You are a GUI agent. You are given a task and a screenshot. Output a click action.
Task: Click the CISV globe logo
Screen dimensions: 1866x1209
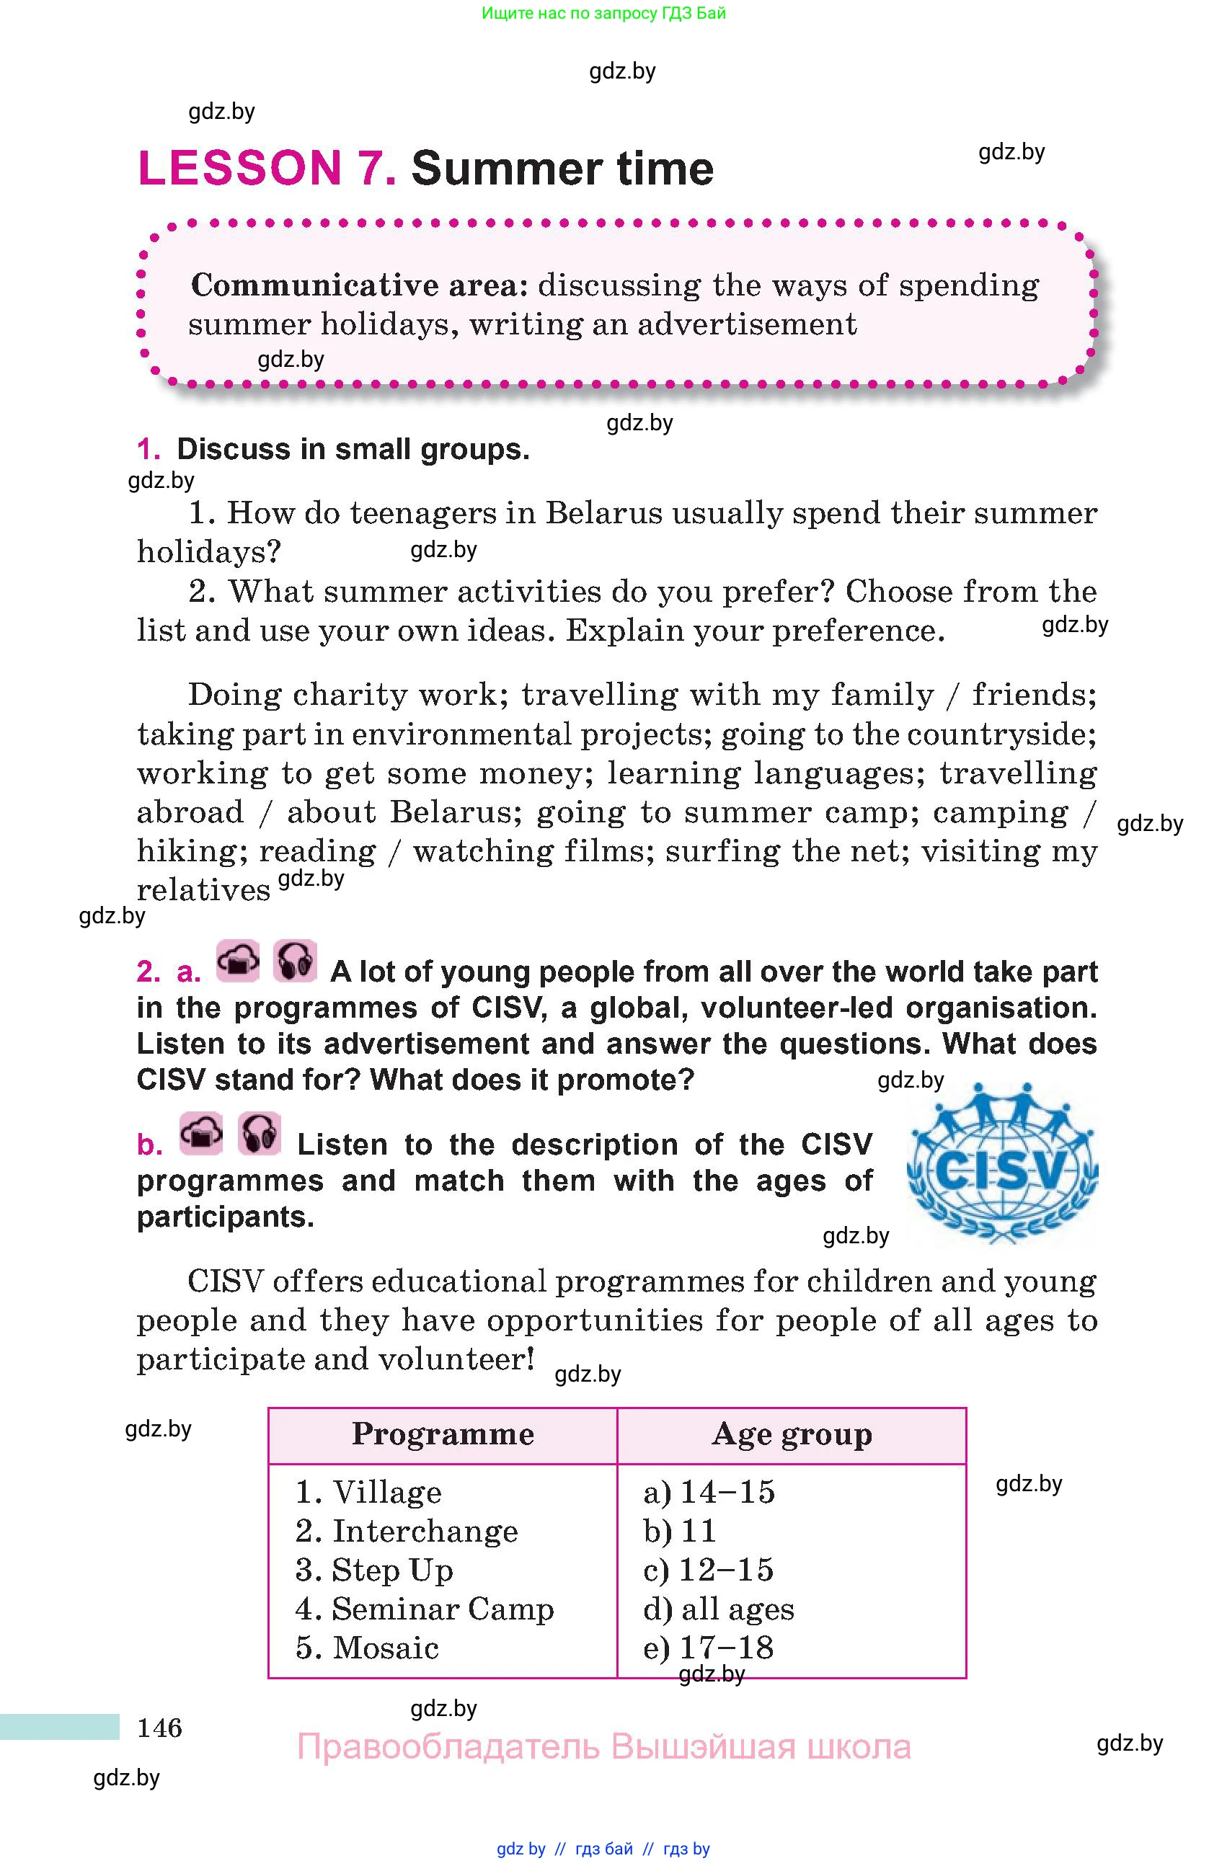pyautogui.click(x=1001, y=1164)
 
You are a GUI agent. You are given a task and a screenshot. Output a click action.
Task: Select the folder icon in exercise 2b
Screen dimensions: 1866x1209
pyautogui.click(x=200, y=1134)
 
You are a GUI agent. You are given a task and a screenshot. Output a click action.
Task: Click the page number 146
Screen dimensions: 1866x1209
pyautogui.click(x=159, y=1727)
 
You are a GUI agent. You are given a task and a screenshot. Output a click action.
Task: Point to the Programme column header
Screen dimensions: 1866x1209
pyautogui.click(x=442, y=1434)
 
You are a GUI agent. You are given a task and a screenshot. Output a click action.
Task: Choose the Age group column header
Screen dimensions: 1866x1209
pyautogui.click(x=791, y=1434)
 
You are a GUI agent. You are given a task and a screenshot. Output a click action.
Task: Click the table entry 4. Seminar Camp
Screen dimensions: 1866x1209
pyautogui.click(x=424, y=1608)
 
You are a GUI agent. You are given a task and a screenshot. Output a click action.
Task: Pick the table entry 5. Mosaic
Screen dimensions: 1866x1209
pyautogui.click(x=367, y=1647)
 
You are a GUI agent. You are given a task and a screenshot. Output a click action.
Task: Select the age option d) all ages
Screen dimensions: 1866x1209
pyautogui.click(x=718, y=1608)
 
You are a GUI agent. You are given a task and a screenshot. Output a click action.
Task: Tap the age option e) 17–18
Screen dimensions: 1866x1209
pyautogui.click(x=708, y=1647)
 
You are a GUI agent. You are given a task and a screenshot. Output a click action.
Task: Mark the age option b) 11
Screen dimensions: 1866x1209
pyautogui.click(x=679, y=1530)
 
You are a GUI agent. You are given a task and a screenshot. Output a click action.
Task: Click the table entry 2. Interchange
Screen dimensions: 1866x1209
pyautogui.click(x=406, y=1530)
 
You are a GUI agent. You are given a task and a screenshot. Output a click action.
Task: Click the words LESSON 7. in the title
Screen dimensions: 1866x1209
pyautogui.click(x=267, y=169)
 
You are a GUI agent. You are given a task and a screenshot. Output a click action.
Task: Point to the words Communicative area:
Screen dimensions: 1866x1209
pyautogui.click(x=359, y=285)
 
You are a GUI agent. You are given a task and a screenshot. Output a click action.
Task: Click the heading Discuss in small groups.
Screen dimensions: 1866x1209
pyautogui.click(x=353, y=449)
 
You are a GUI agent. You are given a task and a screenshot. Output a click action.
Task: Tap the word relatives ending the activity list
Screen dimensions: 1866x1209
pyautogui.click(x=203, y=890)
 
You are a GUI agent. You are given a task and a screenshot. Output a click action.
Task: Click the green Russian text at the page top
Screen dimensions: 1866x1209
pyautogui.click(x=603, y=12)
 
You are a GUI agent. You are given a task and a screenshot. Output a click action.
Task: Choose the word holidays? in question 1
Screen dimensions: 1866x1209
pyautogui.click(x=208, y=552)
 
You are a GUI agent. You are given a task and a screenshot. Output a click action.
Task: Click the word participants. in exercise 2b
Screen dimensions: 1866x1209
pyautogui.click(x=225, y=1217)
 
